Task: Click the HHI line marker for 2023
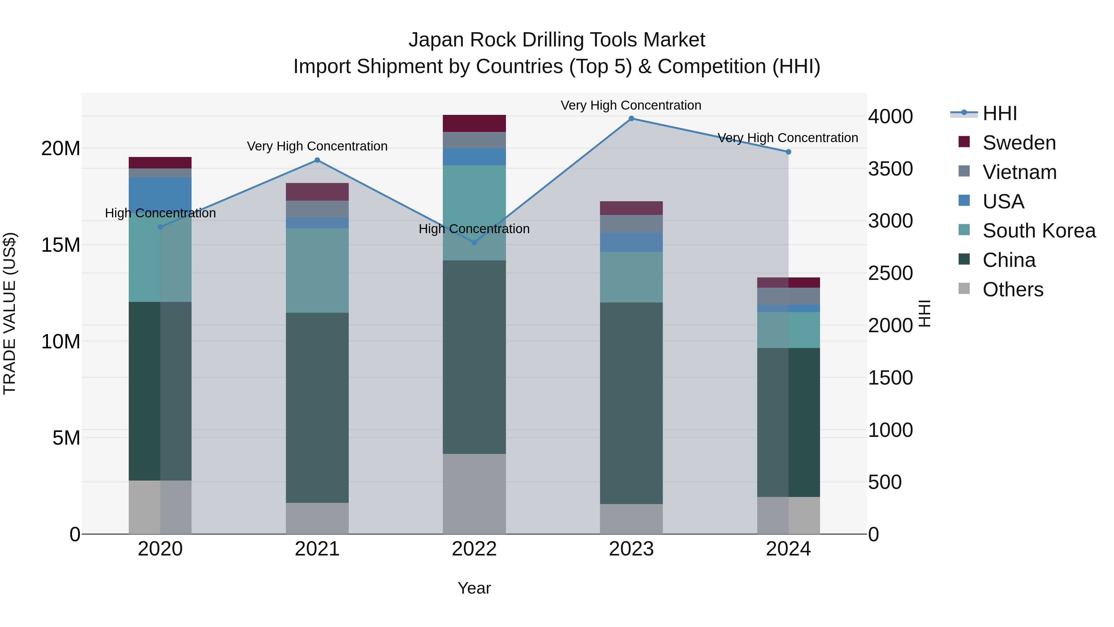pyautogui.click(x=631, y=119)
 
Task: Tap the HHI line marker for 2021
pyautogui.click(x=317, y=160)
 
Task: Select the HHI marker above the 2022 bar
pyautogui.click(x=474, y=242)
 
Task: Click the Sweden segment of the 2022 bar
pyautogui.click(x=474, y=123)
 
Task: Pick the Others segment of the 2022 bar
pyautogui.click(x=474, y=493)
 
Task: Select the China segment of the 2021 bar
pyautogui.click(x=317, y=407)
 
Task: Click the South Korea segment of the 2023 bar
pyautogui.click(x=631, y=277)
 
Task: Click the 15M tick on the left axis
pyautogui.click(x=61, y=245)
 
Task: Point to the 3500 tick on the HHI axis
pyautogui.click(x=890, y=169)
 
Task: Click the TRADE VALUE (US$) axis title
pyautogui.click(x=10, y=313)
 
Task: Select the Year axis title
pyautogui.click(x=474, y=588)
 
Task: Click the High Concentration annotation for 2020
pyautogui.click(x=160, y=213)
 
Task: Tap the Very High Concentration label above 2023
pyautogui.click(x=631, y=105)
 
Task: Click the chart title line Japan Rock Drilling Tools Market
pyautogui.click(x=557, y=40)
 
